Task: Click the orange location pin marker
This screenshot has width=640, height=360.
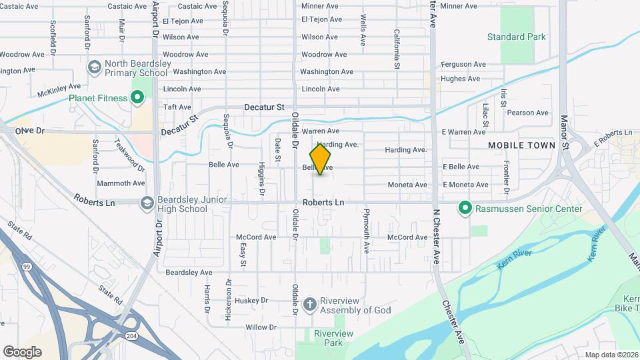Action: [320, 159]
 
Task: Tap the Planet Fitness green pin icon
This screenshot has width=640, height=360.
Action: [138, 99]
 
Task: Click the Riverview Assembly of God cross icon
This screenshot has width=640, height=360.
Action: [309, 305]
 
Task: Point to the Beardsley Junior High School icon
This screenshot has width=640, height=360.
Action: [146, 201]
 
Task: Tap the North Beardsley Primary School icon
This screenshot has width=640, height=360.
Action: [94, 67]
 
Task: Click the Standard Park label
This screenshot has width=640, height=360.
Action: [516, 37]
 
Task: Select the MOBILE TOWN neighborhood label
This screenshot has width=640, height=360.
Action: [521, 145]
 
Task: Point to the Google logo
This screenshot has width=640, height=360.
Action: [22, 351]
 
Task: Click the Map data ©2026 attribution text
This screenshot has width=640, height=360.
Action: [611, 355]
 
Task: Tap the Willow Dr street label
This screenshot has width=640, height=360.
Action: [261, 327]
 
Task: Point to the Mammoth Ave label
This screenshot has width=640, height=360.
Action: [121, 183]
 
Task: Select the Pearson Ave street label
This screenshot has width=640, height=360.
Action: [528, 113]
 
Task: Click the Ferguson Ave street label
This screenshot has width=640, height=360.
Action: [463, 65]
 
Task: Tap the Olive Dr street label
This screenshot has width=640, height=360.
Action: [29, 131]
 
